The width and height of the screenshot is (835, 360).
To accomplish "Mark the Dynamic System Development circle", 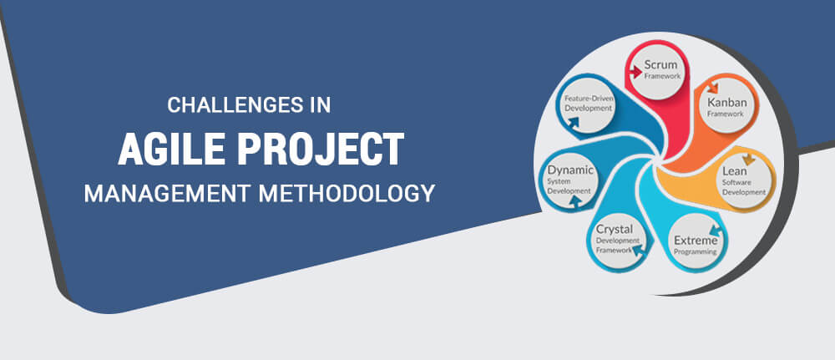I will (x=569, y=178).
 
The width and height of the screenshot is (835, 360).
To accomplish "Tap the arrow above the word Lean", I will (x=748, y=157).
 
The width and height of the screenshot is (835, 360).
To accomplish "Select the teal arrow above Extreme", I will (x=715, y=226).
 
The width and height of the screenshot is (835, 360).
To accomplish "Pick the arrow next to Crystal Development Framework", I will (x=640, y=248).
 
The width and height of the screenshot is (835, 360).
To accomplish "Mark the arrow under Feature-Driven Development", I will (x=574, y=122).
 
